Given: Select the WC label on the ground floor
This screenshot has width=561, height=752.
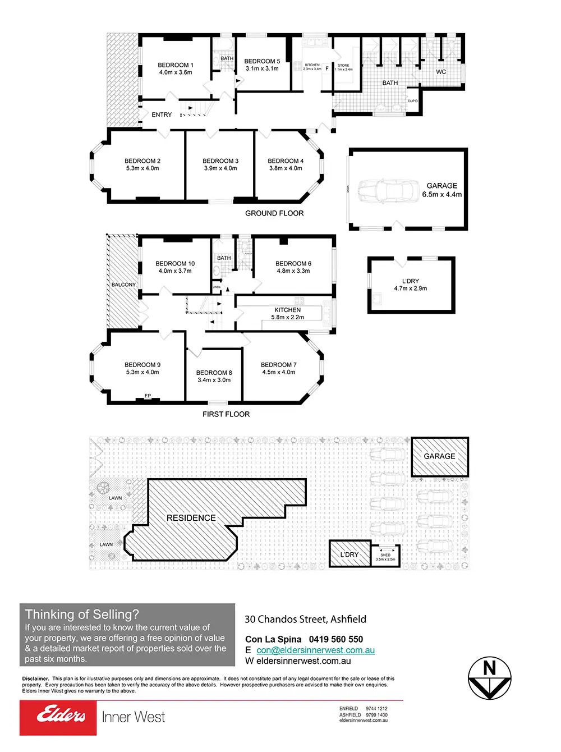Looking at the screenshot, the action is (x=441, y=72).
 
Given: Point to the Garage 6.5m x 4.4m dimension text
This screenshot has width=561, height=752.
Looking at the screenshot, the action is (x=442, y=195).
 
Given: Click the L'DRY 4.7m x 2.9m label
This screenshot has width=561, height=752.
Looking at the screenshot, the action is (x=410, y=285).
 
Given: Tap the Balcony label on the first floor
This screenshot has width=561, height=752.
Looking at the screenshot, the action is (x=123, y=285).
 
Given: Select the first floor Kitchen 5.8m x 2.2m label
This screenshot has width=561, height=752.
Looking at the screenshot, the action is (x=287, y=314).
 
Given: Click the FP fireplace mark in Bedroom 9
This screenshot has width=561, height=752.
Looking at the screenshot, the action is (x=148, y=396).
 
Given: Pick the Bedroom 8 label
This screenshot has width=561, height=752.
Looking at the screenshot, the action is (x=214, y=376).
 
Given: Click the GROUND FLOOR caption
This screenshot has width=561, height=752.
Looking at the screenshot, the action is (x=274, y=213).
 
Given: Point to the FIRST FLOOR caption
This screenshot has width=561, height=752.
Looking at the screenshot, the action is (x=226, y=414).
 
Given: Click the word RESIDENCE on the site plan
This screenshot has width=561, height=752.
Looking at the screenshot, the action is (x=191, y=518).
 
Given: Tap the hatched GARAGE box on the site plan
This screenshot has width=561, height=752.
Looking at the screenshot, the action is (x=440, y=457).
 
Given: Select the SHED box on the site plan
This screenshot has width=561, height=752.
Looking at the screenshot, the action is (x=385, y=556).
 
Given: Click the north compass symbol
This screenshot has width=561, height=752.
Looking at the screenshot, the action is (x=490, y=678).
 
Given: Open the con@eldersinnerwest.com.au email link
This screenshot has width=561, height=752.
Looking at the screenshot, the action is (x=315, y=650).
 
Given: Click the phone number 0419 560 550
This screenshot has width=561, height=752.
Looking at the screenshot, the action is (x=335, y=639).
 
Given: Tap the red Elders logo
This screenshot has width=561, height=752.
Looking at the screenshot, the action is (x=58, y=717).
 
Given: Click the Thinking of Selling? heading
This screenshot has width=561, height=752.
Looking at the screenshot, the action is (x=82, y=615).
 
